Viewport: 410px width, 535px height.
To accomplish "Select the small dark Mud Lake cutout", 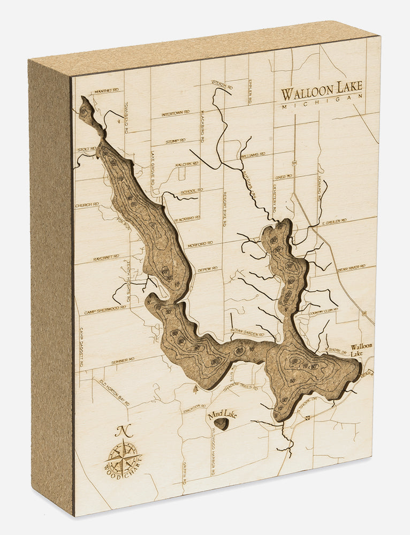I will pyautogui.click(x=221, y=424).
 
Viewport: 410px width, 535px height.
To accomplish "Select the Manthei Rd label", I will pyautogui.click(x=106, y=91).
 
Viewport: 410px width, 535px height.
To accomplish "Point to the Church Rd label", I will pyautogui.click(x=87, y=204).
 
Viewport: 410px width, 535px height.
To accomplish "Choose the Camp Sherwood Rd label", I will pyautogui.click(x=105, y=310).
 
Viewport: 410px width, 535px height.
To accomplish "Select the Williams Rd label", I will pyautogui.click(x=253, y=155).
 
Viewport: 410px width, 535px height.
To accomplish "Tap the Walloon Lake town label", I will pyautogui.click(x=361, y=350).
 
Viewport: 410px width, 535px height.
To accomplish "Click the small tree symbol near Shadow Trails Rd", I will pyautogui.click(x=195, y=389).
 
